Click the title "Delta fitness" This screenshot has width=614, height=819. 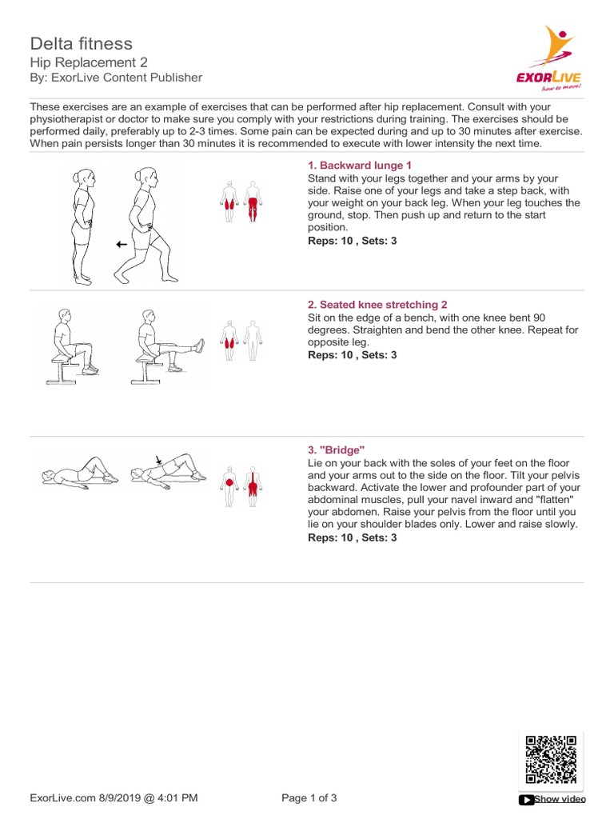(x=82, y=43)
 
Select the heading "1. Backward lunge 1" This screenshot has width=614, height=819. (x=360, y=166)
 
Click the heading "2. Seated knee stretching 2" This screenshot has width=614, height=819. (x=377, y=305)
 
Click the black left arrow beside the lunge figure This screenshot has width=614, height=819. (x=122, y=245)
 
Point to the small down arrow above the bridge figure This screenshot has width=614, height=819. (x=159, y=460)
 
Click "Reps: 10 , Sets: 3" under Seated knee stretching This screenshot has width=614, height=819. (x=352, y=355)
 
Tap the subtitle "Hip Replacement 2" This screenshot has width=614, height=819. (x=89, y=62)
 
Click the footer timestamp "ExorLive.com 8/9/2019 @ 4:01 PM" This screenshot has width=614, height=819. (x=114, y=798)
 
